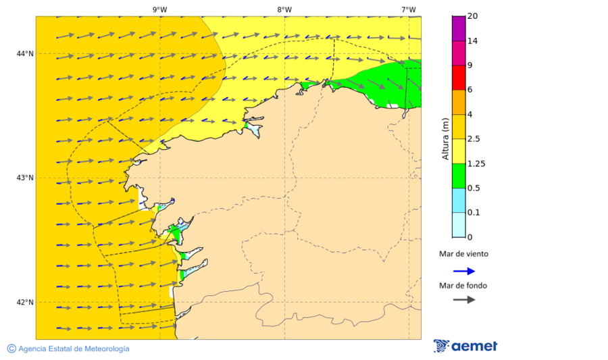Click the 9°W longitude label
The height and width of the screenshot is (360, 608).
point(160,9)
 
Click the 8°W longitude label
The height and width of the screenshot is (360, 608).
point(284,9)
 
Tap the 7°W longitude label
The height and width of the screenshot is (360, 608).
point(408,9)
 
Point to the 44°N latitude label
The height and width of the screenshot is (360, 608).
point(25,53)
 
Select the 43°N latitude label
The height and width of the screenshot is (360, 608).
point(25,178)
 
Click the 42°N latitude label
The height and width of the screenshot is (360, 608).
point(25,302)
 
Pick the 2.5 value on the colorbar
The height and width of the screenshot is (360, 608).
point(476,139)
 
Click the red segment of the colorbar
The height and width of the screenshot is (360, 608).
point(459,77)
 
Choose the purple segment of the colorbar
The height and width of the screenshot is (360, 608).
point(459,28)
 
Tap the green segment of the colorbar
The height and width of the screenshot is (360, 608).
point(459,176)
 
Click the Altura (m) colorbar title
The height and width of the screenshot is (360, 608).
point(445,138)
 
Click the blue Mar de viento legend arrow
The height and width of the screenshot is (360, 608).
point(464,271)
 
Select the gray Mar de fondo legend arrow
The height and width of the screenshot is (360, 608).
point(464,300)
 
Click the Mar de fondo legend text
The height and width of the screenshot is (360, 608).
point(463,286)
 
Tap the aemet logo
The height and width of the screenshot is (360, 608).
point(465,346)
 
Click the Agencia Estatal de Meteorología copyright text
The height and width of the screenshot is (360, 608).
point(68,349)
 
